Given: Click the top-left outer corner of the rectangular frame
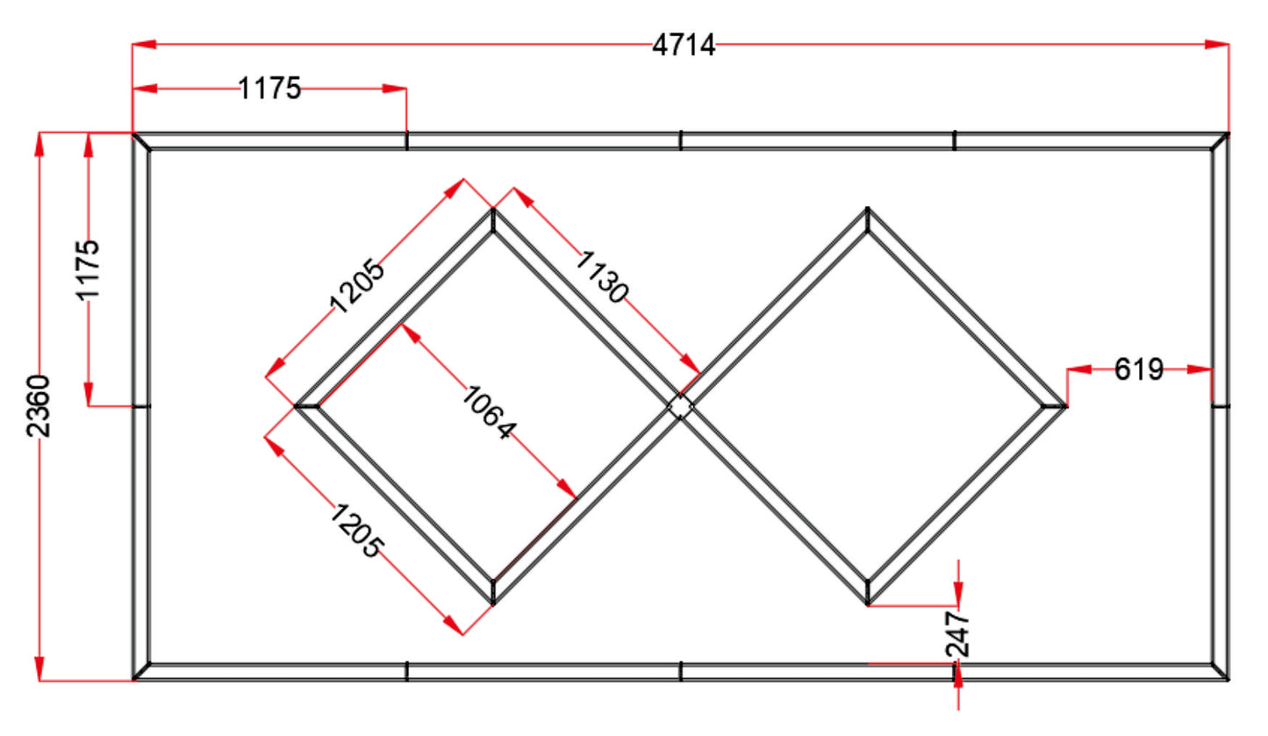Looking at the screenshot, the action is tap(133, 133).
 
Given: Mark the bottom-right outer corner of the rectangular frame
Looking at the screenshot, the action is tap(1229, 680).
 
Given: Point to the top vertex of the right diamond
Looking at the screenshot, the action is tap(867, 209).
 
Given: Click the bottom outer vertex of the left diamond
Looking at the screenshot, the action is tap(493, 604).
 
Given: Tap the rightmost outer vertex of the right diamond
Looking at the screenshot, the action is tap(1067, 406).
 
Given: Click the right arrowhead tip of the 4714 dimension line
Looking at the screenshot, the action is tap(1229, 44).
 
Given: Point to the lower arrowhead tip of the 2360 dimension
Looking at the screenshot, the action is tap(39, 681).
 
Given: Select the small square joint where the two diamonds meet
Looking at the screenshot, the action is tap(680, 406).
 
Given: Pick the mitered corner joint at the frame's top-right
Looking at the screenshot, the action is tap(1220, 141).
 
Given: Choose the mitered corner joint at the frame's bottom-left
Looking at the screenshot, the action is tap(141, 671).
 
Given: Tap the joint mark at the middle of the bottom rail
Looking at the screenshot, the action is tap(680, 671).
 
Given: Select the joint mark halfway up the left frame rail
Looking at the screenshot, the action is tap(141, 406).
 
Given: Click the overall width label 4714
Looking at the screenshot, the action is tap(684, 46).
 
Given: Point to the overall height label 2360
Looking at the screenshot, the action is tap(39, 405).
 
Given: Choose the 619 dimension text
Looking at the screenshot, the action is tap(1139, 370).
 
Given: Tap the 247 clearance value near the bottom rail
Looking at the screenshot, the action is tap(957, 634).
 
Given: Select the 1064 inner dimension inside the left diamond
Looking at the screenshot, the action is tap(489, 412).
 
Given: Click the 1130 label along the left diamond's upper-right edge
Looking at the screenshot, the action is tap(602, 277).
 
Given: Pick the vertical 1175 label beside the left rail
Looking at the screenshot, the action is tap(88, 270).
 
